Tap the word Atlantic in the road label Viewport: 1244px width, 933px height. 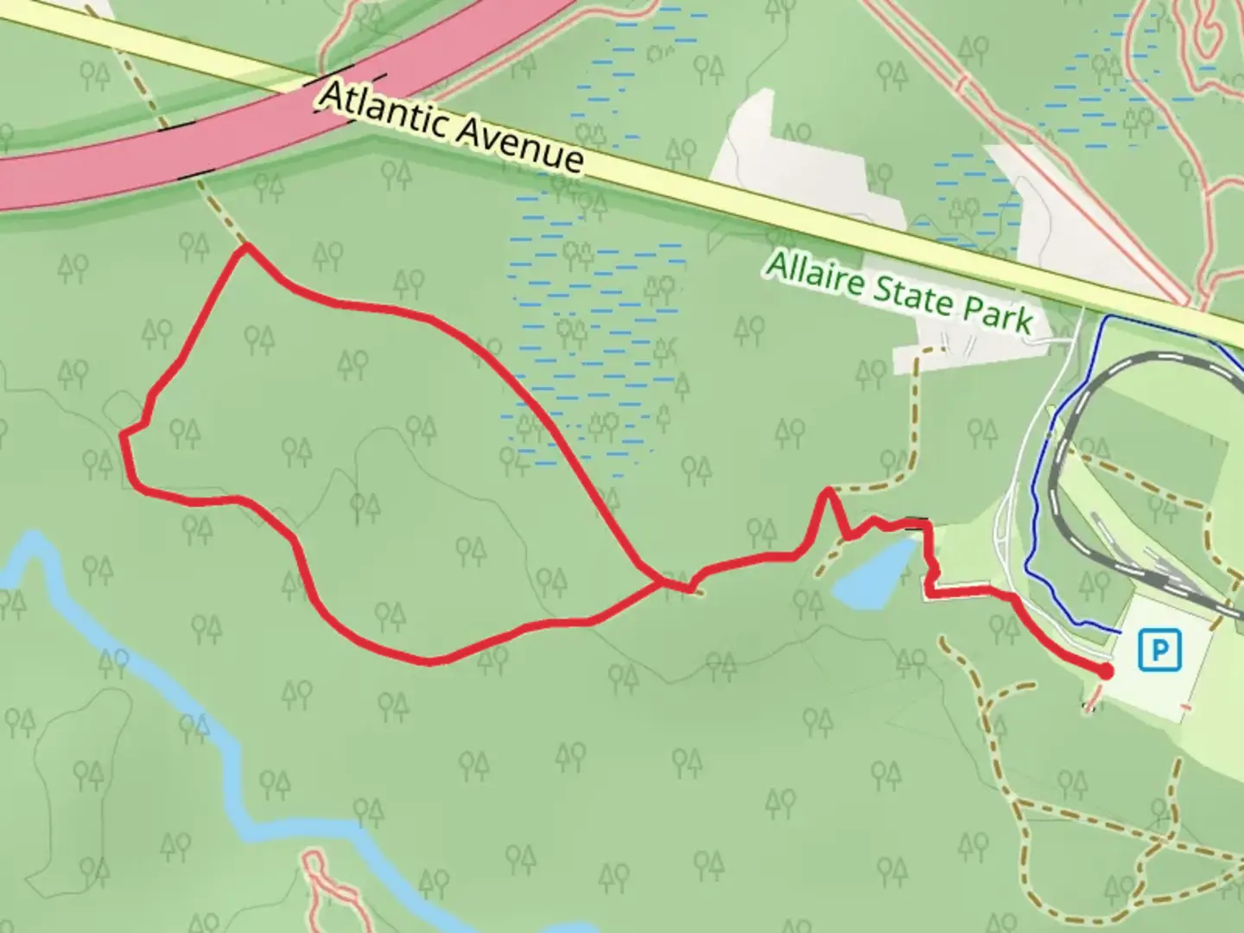[x=383, y=110]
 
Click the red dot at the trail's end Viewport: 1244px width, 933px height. [x=1106, y=670]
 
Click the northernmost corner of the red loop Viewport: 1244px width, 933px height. [x=245, y=247]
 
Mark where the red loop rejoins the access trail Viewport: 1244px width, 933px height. [x=663, y=584]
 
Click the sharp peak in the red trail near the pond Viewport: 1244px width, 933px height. [x=828, y=491]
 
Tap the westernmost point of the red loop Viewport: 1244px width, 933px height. [x=122, y=434]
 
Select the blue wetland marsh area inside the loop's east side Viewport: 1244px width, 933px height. [x=596, y=346]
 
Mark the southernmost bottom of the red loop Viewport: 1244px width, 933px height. [x=429, y=662]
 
